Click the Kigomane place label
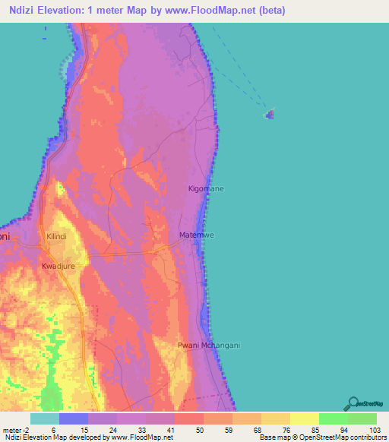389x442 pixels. [x=207, y=188]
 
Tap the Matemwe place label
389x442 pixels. [x=197, y=235]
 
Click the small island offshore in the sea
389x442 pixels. [x=270, y=115]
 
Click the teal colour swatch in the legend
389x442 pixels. [x=45, y=418]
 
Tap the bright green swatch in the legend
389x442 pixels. [x=334, y=418]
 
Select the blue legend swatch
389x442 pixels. [x=74, y=418]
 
